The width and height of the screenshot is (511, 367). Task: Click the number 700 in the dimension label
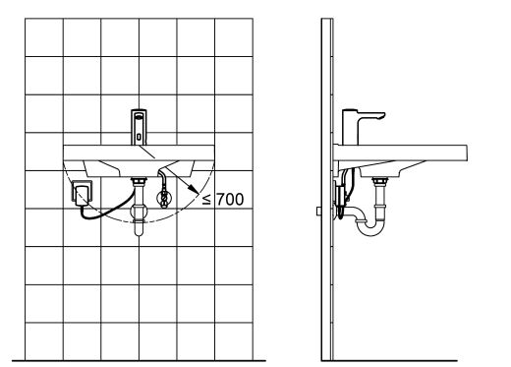coord(230,199)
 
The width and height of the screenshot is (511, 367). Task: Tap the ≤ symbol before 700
coord(206,200)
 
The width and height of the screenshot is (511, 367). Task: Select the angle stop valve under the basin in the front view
coord(164,198)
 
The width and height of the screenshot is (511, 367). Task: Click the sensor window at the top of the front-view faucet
coord(139,116)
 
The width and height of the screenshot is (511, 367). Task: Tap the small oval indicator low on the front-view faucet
coord(139,137)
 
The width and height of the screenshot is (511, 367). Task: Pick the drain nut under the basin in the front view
coord(139,181)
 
